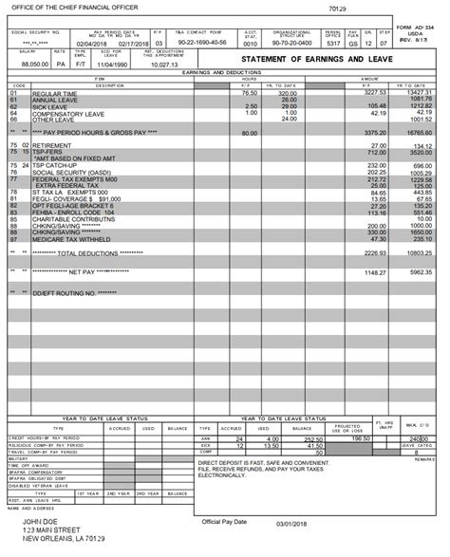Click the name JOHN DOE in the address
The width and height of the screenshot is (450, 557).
click(43, 521)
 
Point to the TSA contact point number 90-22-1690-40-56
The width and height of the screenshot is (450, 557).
click(202, 43)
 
